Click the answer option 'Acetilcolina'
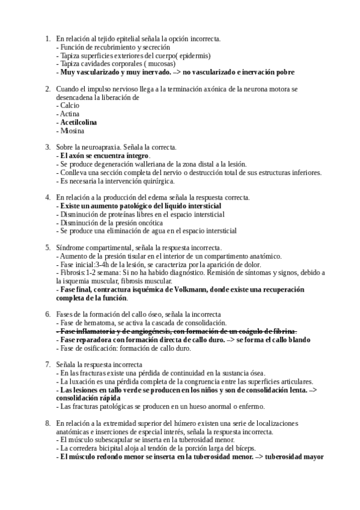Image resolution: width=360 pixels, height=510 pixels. [79, 122]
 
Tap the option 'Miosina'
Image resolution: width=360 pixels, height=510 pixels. [72, 131]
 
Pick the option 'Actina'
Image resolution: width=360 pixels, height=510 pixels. [71, 114]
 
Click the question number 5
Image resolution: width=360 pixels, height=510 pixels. [47, 247]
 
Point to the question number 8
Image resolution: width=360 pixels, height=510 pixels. [47, 423]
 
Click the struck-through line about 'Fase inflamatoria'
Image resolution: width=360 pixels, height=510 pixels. [177, 331]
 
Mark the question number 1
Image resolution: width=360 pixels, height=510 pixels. [47, 38]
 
